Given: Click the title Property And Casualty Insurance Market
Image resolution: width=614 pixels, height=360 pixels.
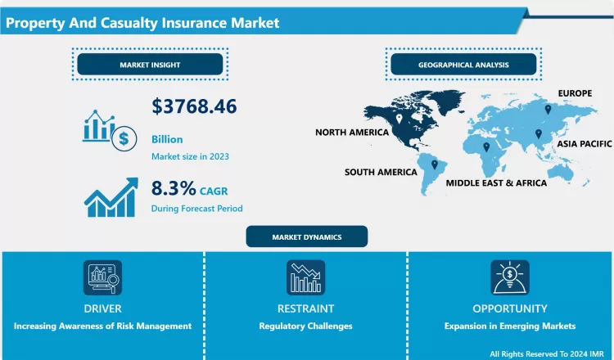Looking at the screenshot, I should [x=142, y=23].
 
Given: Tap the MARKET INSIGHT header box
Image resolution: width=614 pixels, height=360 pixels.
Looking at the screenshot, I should [x=150, y=65].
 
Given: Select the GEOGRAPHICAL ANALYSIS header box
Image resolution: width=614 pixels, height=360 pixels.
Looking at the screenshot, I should [x=463, y=65].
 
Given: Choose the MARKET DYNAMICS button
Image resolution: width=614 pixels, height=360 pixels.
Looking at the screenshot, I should [x=307, y=237].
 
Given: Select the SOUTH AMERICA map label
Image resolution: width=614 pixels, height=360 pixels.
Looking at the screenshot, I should [x=381, y=173].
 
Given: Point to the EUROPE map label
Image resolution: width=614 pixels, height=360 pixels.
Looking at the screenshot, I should [x=576, y=94].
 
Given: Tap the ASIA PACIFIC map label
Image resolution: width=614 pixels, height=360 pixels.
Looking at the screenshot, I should [x=583, y=143].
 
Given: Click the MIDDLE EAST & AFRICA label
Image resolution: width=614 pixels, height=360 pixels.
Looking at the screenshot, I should [x=496, y=183].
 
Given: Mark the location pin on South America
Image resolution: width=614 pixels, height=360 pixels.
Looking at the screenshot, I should [x=435, y=164].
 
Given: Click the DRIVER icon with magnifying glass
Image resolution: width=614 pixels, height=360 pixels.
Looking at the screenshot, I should [x=102, y=277].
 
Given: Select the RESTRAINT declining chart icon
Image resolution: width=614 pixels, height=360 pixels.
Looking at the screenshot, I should [x=305, y=277].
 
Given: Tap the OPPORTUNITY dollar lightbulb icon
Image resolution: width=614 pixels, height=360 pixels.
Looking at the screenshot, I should [x=509, y=277].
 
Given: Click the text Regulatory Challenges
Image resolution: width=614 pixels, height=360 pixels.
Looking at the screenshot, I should [x=305, y=326].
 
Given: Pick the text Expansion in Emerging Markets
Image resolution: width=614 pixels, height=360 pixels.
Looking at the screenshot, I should [x=509, y=326].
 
